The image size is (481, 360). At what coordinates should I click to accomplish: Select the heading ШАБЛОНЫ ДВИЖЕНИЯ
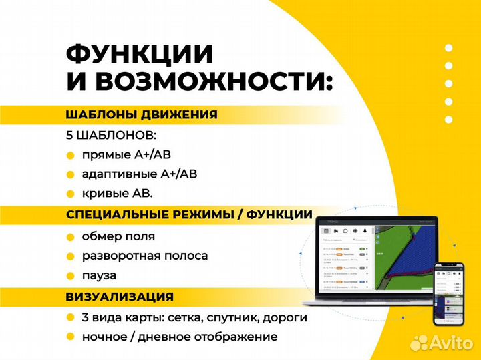point(142,114)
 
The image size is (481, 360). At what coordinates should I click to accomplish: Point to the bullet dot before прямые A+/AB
point(71,156)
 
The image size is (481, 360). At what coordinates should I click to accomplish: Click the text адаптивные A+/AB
point(139,174)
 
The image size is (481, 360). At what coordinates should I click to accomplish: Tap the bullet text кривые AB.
point(117,194)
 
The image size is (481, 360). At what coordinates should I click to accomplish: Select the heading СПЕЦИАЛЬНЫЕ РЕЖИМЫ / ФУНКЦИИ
point(189,215)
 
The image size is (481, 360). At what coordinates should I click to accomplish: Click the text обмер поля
point(118,236)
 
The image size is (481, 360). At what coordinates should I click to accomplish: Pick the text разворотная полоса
point(144,256)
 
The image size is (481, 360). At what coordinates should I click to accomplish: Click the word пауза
point(99,275)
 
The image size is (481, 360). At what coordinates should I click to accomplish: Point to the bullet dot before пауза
point(71,276)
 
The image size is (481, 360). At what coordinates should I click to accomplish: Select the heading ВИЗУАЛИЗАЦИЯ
point(120,297)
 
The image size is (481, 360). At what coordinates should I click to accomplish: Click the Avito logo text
point(451,342)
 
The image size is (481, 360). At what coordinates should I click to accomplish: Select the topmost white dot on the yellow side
point(448,48)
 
